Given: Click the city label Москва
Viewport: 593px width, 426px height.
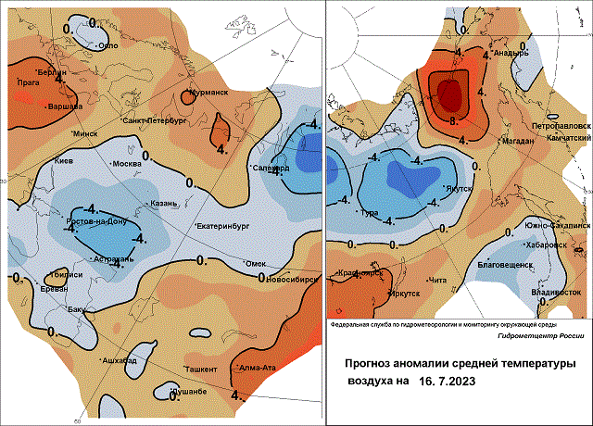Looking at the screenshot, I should (127, 165).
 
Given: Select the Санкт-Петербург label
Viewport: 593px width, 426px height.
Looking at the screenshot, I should (156, 120).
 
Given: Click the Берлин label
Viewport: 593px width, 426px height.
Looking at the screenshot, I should (54, 71).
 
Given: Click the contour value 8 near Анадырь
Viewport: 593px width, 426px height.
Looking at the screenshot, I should (451, 120).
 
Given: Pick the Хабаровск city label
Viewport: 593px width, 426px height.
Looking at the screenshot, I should (545, 245).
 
